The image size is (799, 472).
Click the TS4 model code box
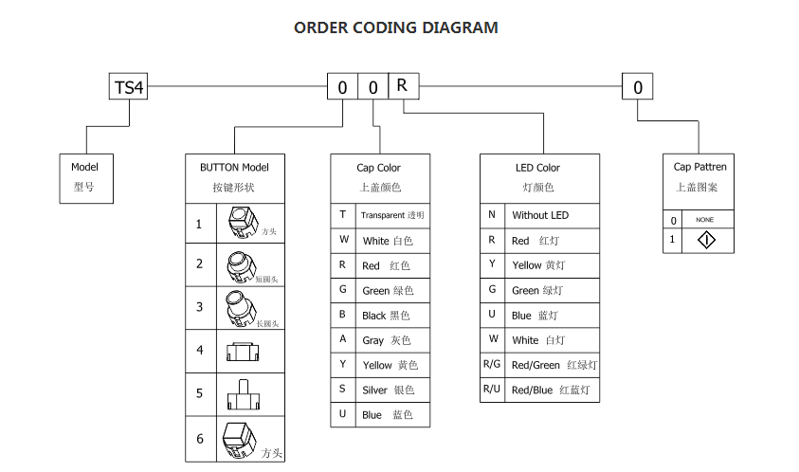pos(129,88)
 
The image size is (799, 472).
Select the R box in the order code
pos(403,86)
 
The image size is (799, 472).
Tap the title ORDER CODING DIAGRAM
pos(395,27)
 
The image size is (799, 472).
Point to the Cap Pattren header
pos(700,168)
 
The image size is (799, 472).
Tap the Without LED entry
pos(540,216)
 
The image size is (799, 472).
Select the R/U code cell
pos(491,390)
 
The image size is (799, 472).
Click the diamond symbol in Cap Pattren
pos(706,240)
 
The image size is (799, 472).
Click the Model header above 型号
pos(84,168)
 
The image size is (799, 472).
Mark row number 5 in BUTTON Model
pos(200,393)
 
